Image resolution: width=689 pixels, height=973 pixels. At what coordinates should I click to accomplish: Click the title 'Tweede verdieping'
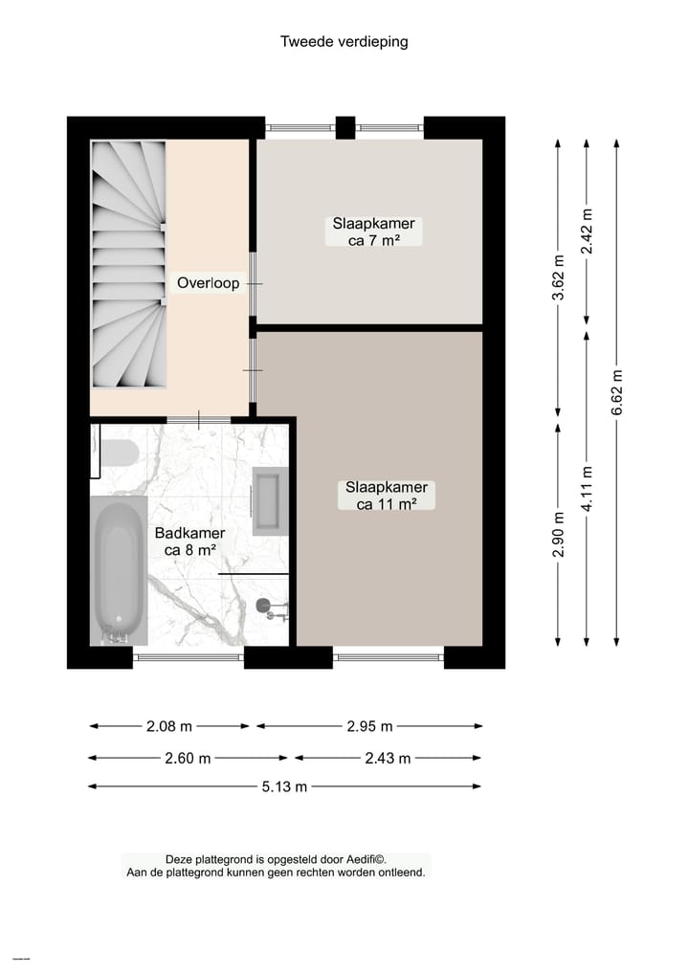[x=344, y=41]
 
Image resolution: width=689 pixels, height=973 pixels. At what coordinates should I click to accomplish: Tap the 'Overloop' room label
[x=208, y=283]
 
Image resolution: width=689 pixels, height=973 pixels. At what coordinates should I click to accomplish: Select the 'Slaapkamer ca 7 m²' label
[x=373, y=232]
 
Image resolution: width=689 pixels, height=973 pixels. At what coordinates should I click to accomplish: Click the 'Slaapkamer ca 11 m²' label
[x=386, y=496]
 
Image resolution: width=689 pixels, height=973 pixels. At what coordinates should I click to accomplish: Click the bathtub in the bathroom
[x=119, y=570]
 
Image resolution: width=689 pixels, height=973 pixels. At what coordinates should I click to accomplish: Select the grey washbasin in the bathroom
[x=269, y=500]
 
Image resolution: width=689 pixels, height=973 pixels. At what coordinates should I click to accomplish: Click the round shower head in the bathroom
[x=264, y=605]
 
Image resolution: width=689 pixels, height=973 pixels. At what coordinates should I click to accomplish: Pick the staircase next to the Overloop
[x=128, y=264]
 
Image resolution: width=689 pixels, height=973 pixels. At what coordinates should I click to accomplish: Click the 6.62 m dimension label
[x=616, y=392]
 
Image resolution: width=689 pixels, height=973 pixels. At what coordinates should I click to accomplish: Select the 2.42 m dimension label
[x=587, y=231]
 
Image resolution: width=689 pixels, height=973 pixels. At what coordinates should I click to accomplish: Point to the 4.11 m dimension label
[x=587, y=488]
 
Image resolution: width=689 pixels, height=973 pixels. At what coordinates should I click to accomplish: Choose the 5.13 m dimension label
[x=284, y=786]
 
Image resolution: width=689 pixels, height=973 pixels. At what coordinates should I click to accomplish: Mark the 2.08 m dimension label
[x=169, y=726]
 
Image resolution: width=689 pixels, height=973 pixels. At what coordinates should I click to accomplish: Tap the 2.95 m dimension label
[x=369, y=726]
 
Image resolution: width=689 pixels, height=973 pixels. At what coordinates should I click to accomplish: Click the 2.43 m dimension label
[x=388, y=758]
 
